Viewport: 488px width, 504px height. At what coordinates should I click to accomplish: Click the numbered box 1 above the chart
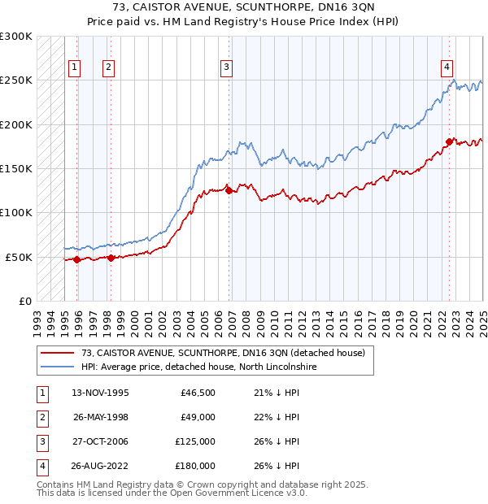(x=74, y=67)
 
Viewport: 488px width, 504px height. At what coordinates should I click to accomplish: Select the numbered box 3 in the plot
(x=226, y=67)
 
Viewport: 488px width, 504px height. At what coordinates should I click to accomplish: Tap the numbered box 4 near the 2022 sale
(x=447, y=67)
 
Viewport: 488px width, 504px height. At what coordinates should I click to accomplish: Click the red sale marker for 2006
(x=229, y=191)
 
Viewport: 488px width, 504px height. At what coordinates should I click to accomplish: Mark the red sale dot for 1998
(x=111, y=258)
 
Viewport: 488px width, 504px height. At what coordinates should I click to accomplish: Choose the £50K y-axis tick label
(x=19, y=257)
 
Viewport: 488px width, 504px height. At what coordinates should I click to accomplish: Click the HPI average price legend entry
(x=198, y=367)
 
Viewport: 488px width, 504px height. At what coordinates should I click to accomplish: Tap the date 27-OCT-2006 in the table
(x=101, y=441)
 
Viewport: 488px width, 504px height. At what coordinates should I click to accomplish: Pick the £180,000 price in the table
(x=195, y=466)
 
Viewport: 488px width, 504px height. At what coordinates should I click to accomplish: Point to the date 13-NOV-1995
(x=101, y=393)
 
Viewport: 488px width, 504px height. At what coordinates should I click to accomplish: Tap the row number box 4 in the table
(x=40, y=466)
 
